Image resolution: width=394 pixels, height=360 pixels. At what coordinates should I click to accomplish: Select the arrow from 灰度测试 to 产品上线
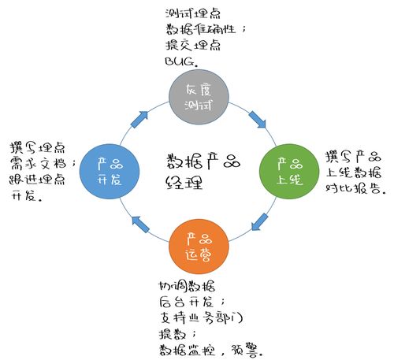point(257,121)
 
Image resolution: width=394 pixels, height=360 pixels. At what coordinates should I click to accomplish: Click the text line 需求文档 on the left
point(43,162)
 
